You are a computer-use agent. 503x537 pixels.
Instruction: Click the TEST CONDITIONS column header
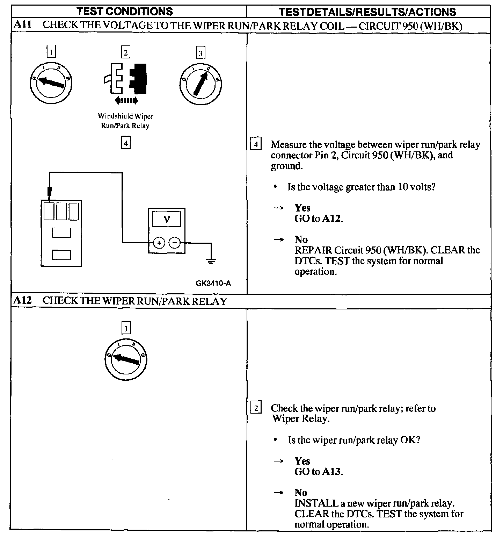tap(125, 11)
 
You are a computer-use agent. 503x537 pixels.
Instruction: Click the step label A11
tap(23, 25)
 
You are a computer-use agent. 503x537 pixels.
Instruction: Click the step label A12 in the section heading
tap(23, 301)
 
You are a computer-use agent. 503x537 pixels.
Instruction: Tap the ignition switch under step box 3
tap(201, 84)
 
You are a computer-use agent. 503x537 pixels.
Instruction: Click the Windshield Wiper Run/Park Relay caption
tap(125, 121)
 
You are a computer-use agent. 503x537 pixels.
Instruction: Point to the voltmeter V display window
tap(167, 219)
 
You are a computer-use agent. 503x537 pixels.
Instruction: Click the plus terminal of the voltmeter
tap(159, 242)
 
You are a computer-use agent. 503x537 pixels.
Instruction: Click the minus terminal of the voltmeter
tap(175, 242)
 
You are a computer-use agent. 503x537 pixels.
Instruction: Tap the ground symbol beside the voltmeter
tap(211, 260)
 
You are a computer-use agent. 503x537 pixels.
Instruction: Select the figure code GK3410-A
tap(213, 283)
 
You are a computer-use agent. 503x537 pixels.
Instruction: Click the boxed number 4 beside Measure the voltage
tap(256, 144)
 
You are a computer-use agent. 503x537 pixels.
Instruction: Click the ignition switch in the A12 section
tap(126, 359)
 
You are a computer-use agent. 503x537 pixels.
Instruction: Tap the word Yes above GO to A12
tap(302, 208)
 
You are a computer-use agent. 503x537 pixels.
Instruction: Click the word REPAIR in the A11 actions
tap(313, 250)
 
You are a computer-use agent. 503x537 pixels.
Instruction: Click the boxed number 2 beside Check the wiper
tap(256, 408)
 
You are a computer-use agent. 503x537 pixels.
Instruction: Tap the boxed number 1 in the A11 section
tap(51, 52)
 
